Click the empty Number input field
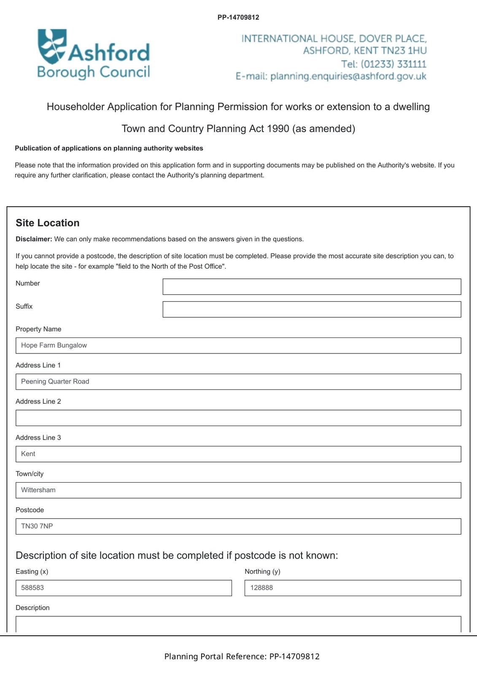point(311,286)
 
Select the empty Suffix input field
point(311,309)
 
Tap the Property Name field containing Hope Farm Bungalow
point(238,346)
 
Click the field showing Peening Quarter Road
point(238,382)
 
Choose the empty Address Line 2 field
point(238,418)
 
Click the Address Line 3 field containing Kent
point(238,454)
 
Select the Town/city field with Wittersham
point(238,490)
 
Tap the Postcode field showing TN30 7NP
point(238,526)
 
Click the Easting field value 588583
point(123,588)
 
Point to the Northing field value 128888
point(353,588)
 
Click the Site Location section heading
point(48,223)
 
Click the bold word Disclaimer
point(34,239)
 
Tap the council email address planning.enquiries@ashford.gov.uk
point(348,76)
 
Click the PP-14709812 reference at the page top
point(238,17)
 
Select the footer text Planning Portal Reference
point(215,656)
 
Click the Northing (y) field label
point(262,572)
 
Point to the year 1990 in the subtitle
point(278,129)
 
